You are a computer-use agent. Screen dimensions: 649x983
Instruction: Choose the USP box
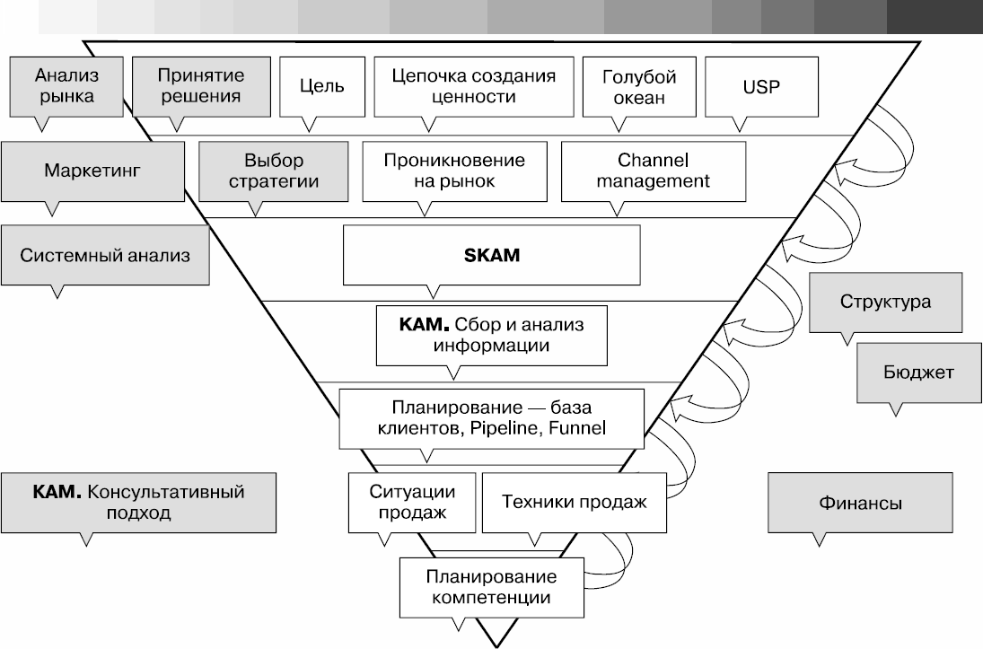pyautogui.click(x=762, y=87)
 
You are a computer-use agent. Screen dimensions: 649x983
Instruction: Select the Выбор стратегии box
pyautogui.click(x=274, y=171)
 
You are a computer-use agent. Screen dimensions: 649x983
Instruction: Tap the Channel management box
pyautogui.click(x=653, y=171)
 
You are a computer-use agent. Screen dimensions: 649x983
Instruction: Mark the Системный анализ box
pyautogui.click(x=105, y=255)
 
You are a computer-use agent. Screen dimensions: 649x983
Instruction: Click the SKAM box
pyautogui.click(x=491, y=255)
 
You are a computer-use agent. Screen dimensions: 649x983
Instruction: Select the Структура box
pyautogui.click(x=885, y=301)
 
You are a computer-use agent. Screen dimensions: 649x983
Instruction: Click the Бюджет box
pyautogui.click(x=917, y=372)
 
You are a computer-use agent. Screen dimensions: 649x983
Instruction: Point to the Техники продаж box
pyautogui.click(x=575, y=502)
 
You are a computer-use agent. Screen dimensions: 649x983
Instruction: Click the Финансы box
pyautogui.click(x=860, y=503)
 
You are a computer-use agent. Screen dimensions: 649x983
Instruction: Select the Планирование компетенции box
pyautogui.click(x=491, y=584)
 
